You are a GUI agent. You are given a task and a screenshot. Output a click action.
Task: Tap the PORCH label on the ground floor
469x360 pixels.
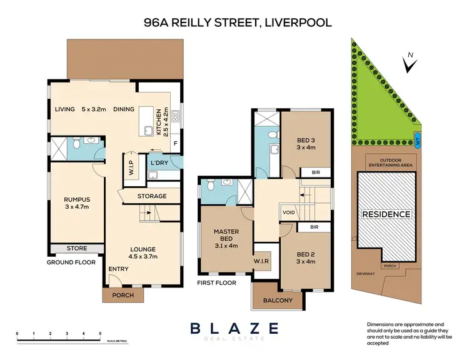(x=122, y=295)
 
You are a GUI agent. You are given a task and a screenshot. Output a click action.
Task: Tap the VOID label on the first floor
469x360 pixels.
(x=289, y=211)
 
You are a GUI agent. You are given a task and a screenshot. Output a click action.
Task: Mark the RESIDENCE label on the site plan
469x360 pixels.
(x=386, y=214)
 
